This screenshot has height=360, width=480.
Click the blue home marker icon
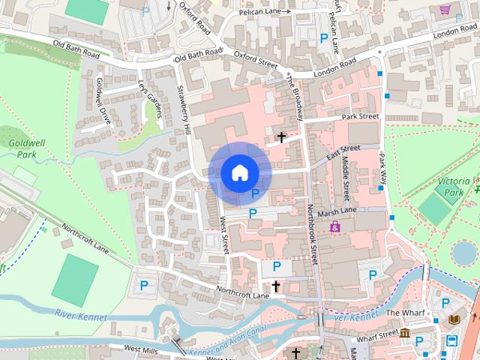(x=239, y=173)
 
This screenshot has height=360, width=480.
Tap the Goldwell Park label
(x=22, y=148)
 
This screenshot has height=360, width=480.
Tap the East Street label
(x=343, y=151)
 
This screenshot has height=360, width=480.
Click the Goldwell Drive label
(x=104, y=106)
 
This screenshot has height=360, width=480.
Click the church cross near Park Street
(x=282, y=137)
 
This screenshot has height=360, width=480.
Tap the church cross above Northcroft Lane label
(x=275, y=286)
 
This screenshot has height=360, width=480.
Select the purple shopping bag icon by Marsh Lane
(x=334, y=226)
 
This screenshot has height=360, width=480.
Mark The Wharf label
(x=405, y=312)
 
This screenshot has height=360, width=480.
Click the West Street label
(x=223, y=234)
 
